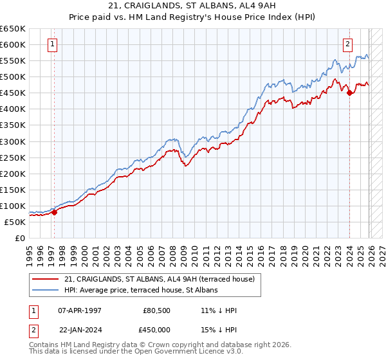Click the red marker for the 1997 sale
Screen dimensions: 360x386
coord(54,212)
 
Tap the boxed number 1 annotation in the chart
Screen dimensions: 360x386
coord(52,44)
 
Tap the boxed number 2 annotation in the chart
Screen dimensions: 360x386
coord(347,44)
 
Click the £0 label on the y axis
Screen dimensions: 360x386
coord(19,238)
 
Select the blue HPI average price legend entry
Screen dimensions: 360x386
coord(141,291)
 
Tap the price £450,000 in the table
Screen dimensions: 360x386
coord(156,329)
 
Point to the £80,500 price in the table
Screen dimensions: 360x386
coord(156,310)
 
